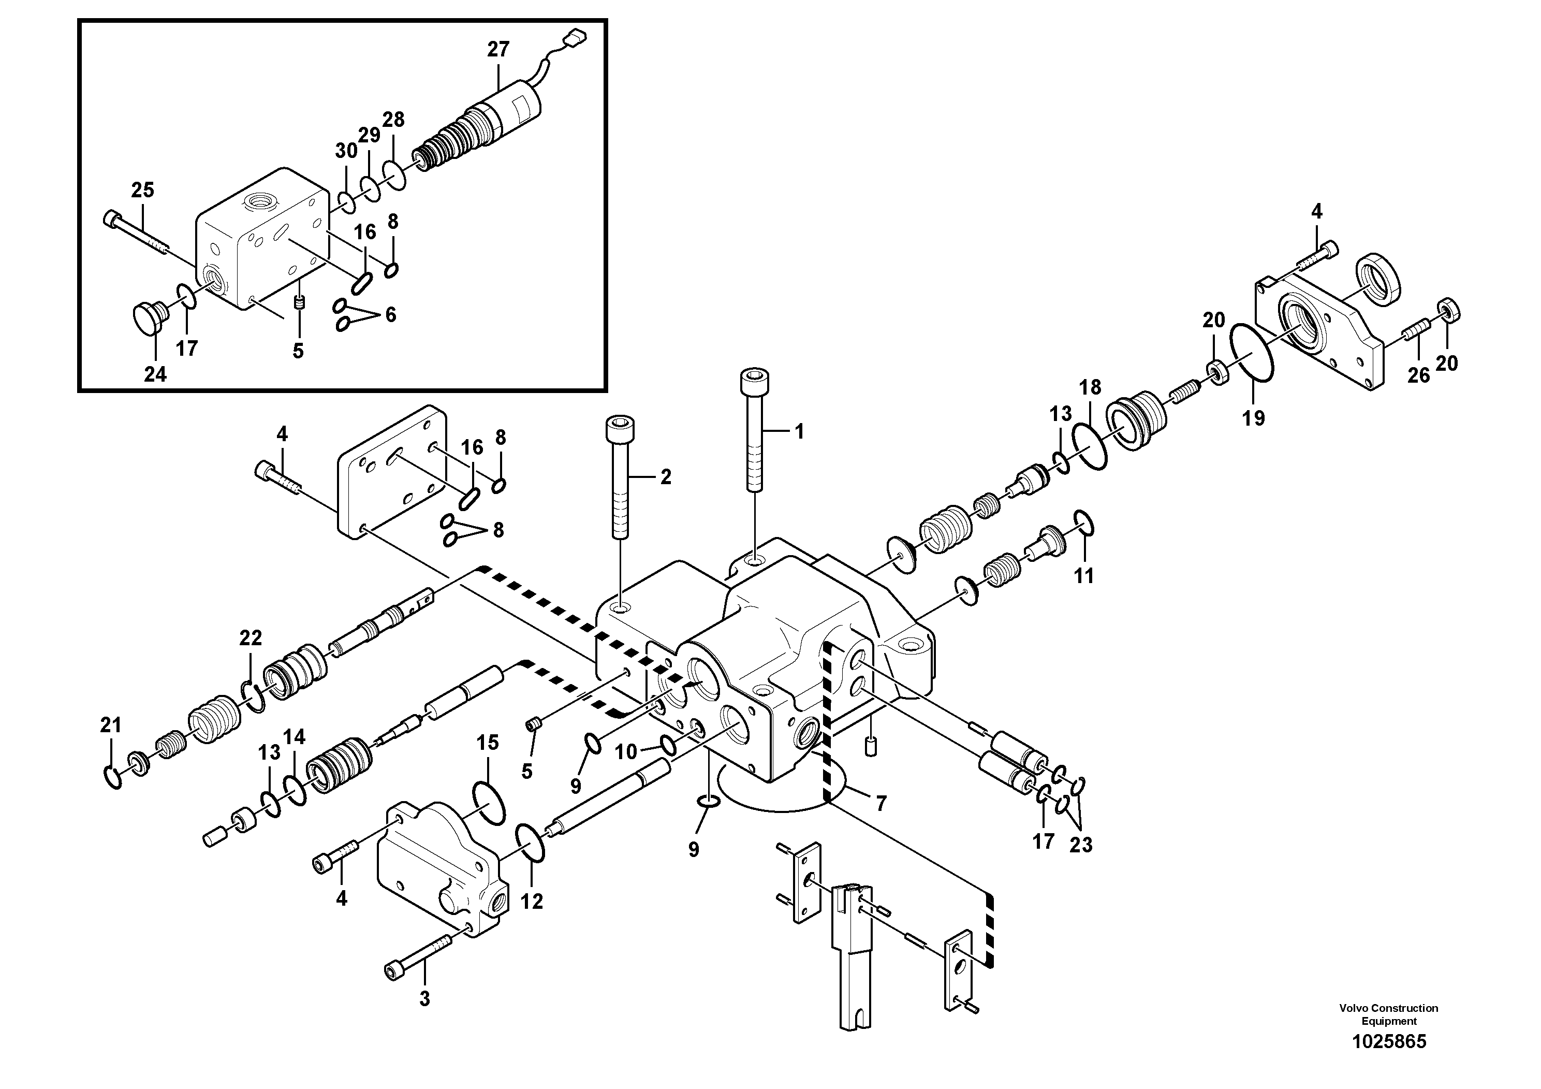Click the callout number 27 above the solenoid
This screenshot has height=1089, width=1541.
498,49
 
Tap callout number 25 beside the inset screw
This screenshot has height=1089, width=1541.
142,190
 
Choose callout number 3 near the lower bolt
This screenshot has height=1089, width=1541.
424,998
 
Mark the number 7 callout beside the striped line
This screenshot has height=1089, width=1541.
880,803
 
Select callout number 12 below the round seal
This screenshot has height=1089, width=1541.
532,902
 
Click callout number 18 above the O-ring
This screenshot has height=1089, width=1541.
1091,387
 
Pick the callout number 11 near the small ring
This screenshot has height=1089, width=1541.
1084,575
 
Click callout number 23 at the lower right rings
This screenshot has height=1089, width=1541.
1081,845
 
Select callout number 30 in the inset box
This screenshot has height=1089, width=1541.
346,151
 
